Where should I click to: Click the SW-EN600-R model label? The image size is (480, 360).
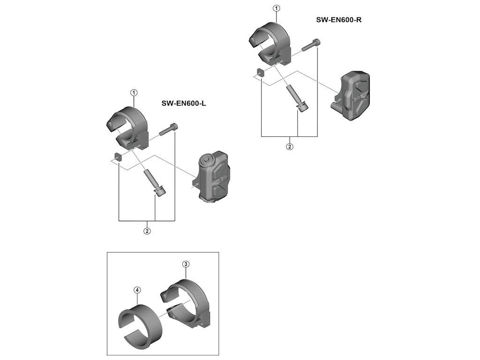(338, 20)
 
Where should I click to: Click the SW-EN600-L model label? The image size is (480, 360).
(183, 103)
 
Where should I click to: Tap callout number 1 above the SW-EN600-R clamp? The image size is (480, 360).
(276, 8)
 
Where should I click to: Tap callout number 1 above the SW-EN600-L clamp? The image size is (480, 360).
(134, 93)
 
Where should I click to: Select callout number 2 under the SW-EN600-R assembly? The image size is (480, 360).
(290, 147)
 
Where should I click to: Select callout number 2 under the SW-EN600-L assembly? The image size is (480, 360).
(147, 231)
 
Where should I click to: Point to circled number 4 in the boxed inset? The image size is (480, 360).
(137, 290)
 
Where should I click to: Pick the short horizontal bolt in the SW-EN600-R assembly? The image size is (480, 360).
(311, 45)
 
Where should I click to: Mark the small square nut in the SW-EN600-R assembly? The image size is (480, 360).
(259, 72)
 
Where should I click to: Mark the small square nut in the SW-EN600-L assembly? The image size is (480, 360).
(117, 156)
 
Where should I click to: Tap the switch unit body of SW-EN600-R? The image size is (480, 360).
(354, 96)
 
